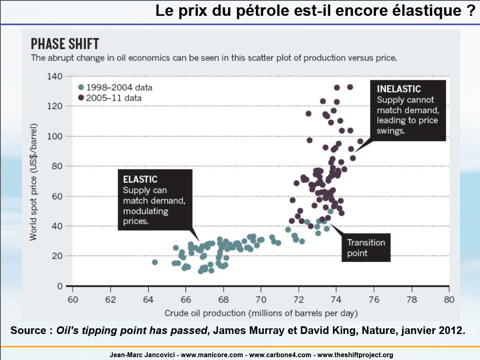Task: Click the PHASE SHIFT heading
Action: pos(65,44)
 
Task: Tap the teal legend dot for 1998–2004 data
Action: pos(81,87)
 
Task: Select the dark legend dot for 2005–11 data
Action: pos(81,98)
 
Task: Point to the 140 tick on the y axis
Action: pos(56,76)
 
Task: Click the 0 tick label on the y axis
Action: pos(59,286)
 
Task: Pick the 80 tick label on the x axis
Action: pos(449,300)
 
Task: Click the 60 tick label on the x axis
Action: pos(72,300)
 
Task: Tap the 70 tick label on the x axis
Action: pos(261,300)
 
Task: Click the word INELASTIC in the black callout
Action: pos(399,89)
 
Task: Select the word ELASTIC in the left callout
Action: pos(140,179)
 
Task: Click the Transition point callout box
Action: pos(366,247)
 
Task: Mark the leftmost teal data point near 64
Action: pos(155,262)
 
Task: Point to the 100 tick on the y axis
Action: pos(56,136)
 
